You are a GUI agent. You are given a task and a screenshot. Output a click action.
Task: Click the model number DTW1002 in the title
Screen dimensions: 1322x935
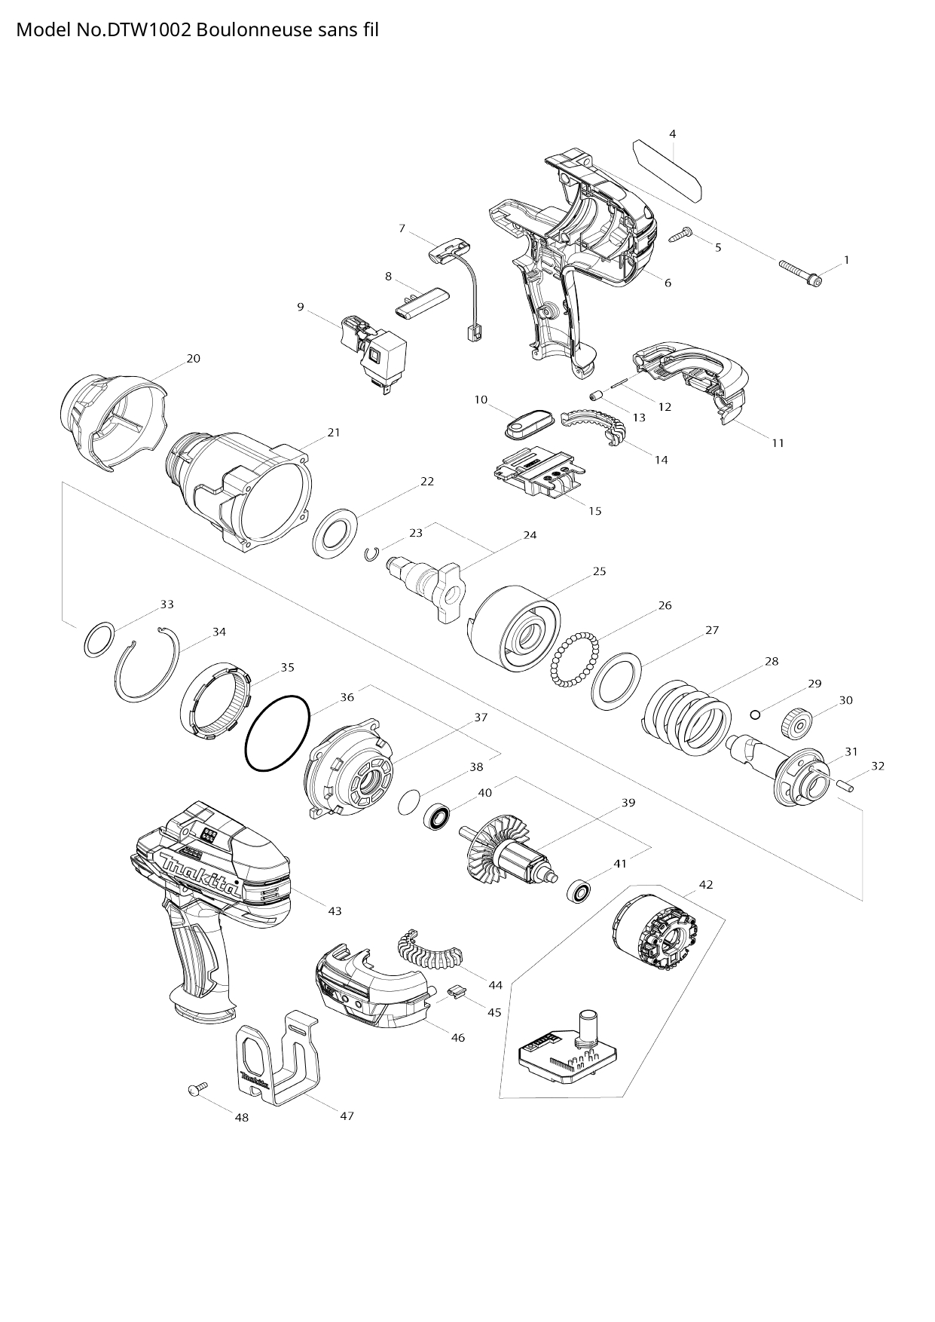(142, 30)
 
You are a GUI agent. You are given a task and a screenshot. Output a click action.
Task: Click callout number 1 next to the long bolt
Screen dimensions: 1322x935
(846, 260)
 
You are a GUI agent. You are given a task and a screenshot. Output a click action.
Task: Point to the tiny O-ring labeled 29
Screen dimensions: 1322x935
(755, 713)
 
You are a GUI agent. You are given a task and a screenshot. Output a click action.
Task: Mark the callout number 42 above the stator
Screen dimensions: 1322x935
(706, 884)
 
